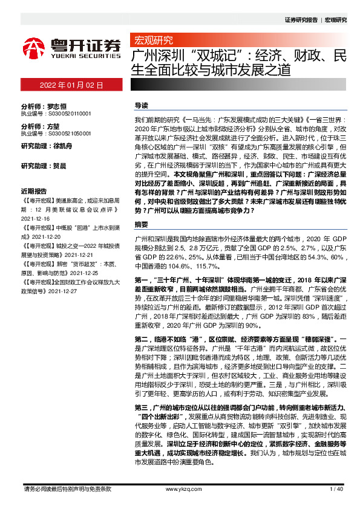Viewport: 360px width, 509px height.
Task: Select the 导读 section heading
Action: pos(141,105)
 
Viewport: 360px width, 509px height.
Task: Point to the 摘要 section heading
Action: pos(141,224)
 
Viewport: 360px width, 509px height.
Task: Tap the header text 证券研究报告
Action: pos(301,20)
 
